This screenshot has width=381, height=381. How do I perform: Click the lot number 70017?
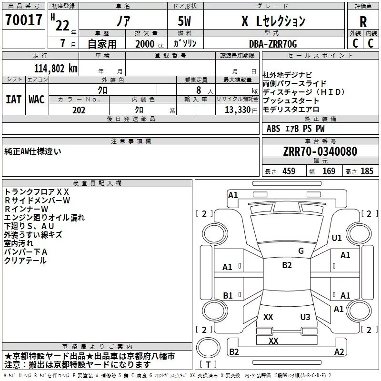click(x=24, y=20)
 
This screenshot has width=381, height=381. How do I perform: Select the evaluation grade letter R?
click(x=363, y=22)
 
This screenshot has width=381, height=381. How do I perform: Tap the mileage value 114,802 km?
click(x=55, y=68)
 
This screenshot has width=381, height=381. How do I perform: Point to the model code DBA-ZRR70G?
click(x=272, y=43)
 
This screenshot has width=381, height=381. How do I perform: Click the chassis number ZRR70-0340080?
click(x=320, y=151)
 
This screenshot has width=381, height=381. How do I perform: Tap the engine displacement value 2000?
click(x=145, y=44)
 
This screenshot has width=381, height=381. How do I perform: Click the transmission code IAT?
click(x=13, y=99)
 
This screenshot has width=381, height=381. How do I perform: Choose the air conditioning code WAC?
click(x=36, y=99)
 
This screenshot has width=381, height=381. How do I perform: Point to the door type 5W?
click(x=184, y=22)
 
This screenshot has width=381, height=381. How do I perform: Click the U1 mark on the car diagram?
click(x=337, y=238)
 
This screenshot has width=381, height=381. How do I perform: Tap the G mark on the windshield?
click(x=301, y=251)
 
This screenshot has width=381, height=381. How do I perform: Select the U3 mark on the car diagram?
click(x=305, y=317)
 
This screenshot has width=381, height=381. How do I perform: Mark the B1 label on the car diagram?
click(x=228, y=295)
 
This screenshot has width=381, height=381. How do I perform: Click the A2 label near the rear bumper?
click(x=339, y=352)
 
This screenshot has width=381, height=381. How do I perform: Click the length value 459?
click(x=289, y=171)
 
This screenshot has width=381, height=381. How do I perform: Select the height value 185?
click(x=367, y=171)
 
